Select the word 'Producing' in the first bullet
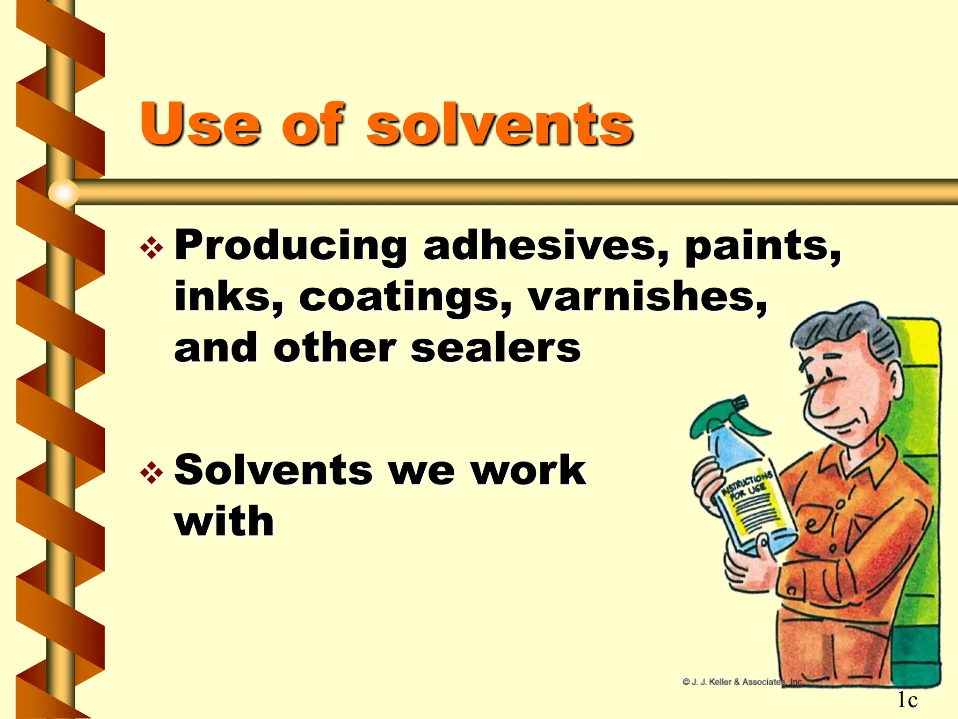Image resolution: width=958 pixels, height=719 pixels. tap(290, 246)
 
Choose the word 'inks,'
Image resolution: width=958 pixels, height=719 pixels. tap(229, 297)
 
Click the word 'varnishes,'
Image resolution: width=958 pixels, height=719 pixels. tap(647, 297)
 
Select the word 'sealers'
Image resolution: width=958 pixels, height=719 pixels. tap(495, 348)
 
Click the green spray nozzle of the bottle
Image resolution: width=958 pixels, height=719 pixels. tap(730, 417)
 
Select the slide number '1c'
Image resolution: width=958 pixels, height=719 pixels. tap(907, 700)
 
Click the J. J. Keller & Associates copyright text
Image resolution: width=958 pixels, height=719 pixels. tap(742, 682)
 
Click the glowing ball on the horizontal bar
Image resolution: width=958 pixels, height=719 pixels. tap(64, 192)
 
